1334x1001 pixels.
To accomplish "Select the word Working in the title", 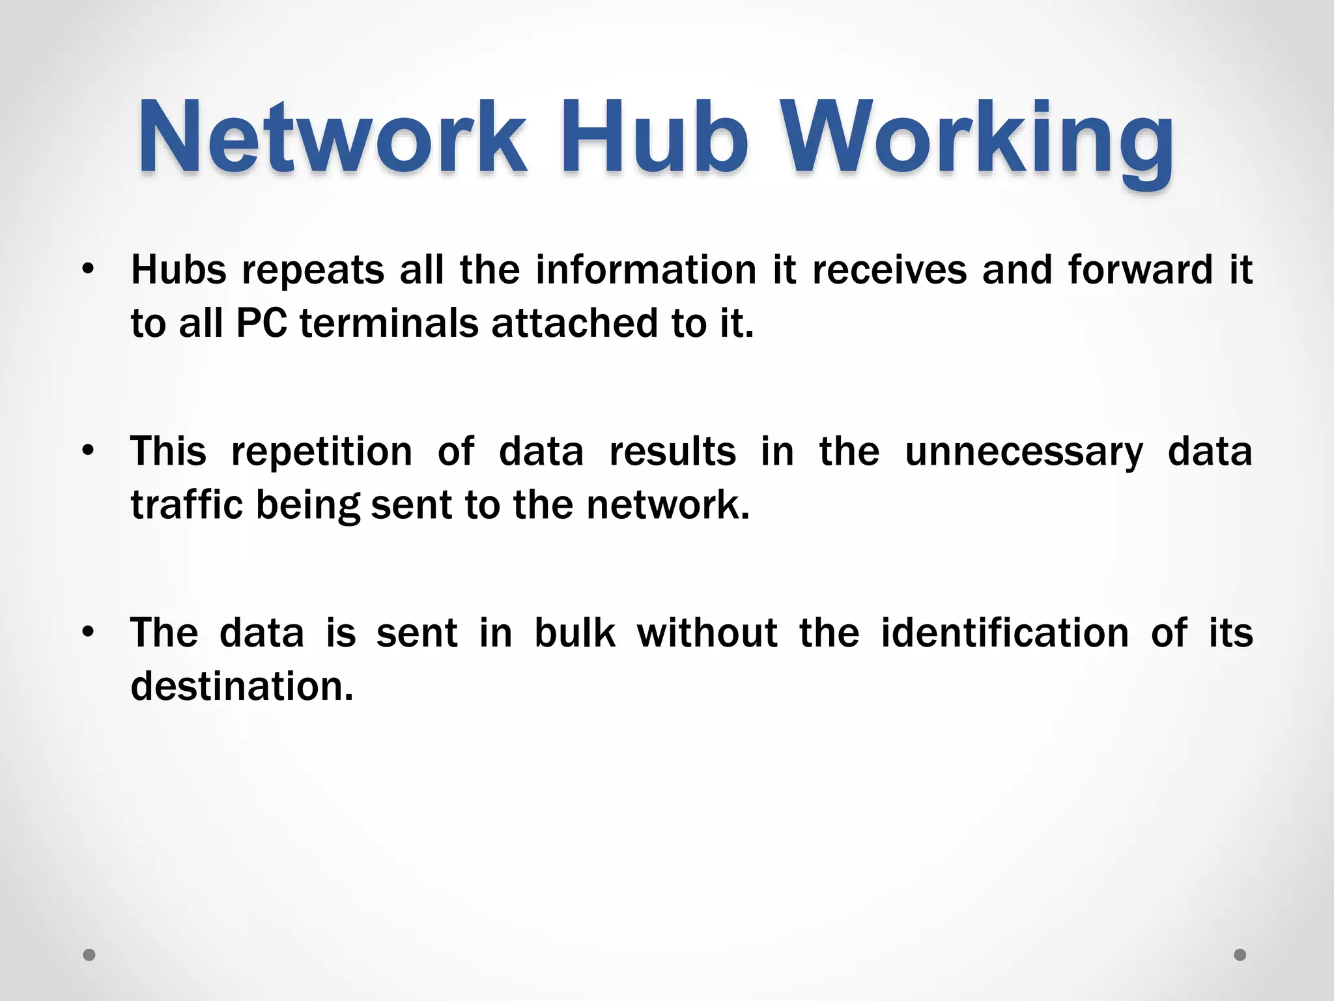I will point(977,140).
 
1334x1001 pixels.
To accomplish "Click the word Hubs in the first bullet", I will point(178,269).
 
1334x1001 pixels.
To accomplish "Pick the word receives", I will point(890,269).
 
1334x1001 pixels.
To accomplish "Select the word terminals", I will point(389,323).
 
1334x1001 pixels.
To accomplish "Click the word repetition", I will point(322,451).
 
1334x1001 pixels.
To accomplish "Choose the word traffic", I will point(187,504).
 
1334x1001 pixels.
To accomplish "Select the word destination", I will point(242,686).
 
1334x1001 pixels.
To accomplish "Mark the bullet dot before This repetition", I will point(89,450).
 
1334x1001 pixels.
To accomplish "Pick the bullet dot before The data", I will point(89,631).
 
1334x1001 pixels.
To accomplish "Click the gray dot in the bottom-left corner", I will point(89,955).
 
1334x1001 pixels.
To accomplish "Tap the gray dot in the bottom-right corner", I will point(1240,955).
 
